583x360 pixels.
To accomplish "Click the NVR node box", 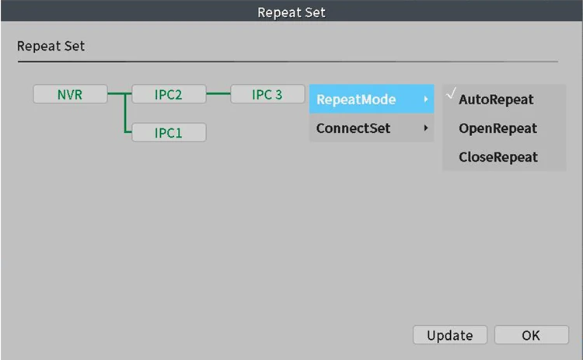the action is coord(70,95).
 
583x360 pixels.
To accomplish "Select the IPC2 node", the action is coord(169,95).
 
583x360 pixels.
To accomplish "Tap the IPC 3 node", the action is coord(267,95).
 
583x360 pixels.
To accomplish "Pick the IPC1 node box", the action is coord(169,133).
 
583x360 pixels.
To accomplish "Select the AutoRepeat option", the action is coord(496,100).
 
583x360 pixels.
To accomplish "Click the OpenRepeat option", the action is coord(497,128).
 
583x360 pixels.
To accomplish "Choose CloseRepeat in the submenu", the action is coord(497,157).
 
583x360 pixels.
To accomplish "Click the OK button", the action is coord(531,335).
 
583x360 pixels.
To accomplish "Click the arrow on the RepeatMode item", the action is coord(425,100).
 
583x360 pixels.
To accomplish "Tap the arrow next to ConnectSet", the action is coord(425,128).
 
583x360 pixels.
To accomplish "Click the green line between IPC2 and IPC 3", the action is coord(218,95).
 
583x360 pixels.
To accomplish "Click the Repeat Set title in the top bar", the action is coord(291,12).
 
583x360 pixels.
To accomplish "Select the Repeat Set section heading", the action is coord(51,47).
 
